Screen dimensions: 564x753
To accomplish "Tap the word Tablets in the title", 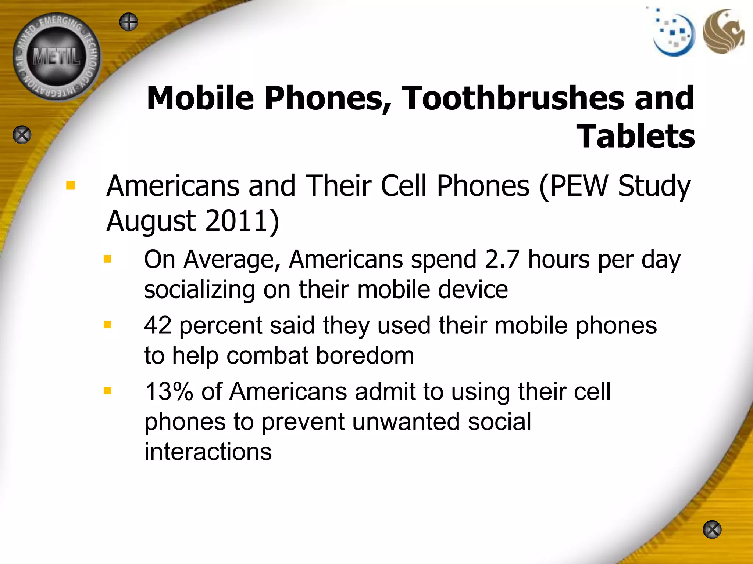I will pos(636,137).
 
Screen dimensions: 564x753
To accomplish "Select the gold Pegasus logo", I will pos(723,32).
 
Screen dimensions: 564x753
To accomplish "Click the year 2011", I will pos(242,221).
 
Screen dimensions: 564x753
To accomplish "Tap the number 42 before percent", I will pos(158,325).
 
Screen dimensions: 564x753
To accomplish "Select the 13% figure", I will pos(169,391).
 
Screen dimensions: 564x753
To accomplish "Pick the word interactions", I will pos(208,452).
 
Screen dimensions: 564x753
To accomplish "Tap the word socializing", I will pos(199,290).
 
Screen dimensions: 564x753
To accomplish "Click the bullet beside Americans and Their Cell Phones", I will pos(70,186).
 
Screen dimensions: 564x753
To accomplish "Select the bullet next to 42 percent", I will pos(107,325).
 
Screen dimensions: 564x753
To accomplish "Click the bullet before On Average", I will pos(107,260).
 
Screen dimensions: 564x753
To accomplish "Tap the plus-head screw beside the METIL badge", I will pos(128,22).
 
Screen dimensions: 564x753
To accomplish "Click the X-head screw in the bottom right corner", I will pos(712,529).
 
